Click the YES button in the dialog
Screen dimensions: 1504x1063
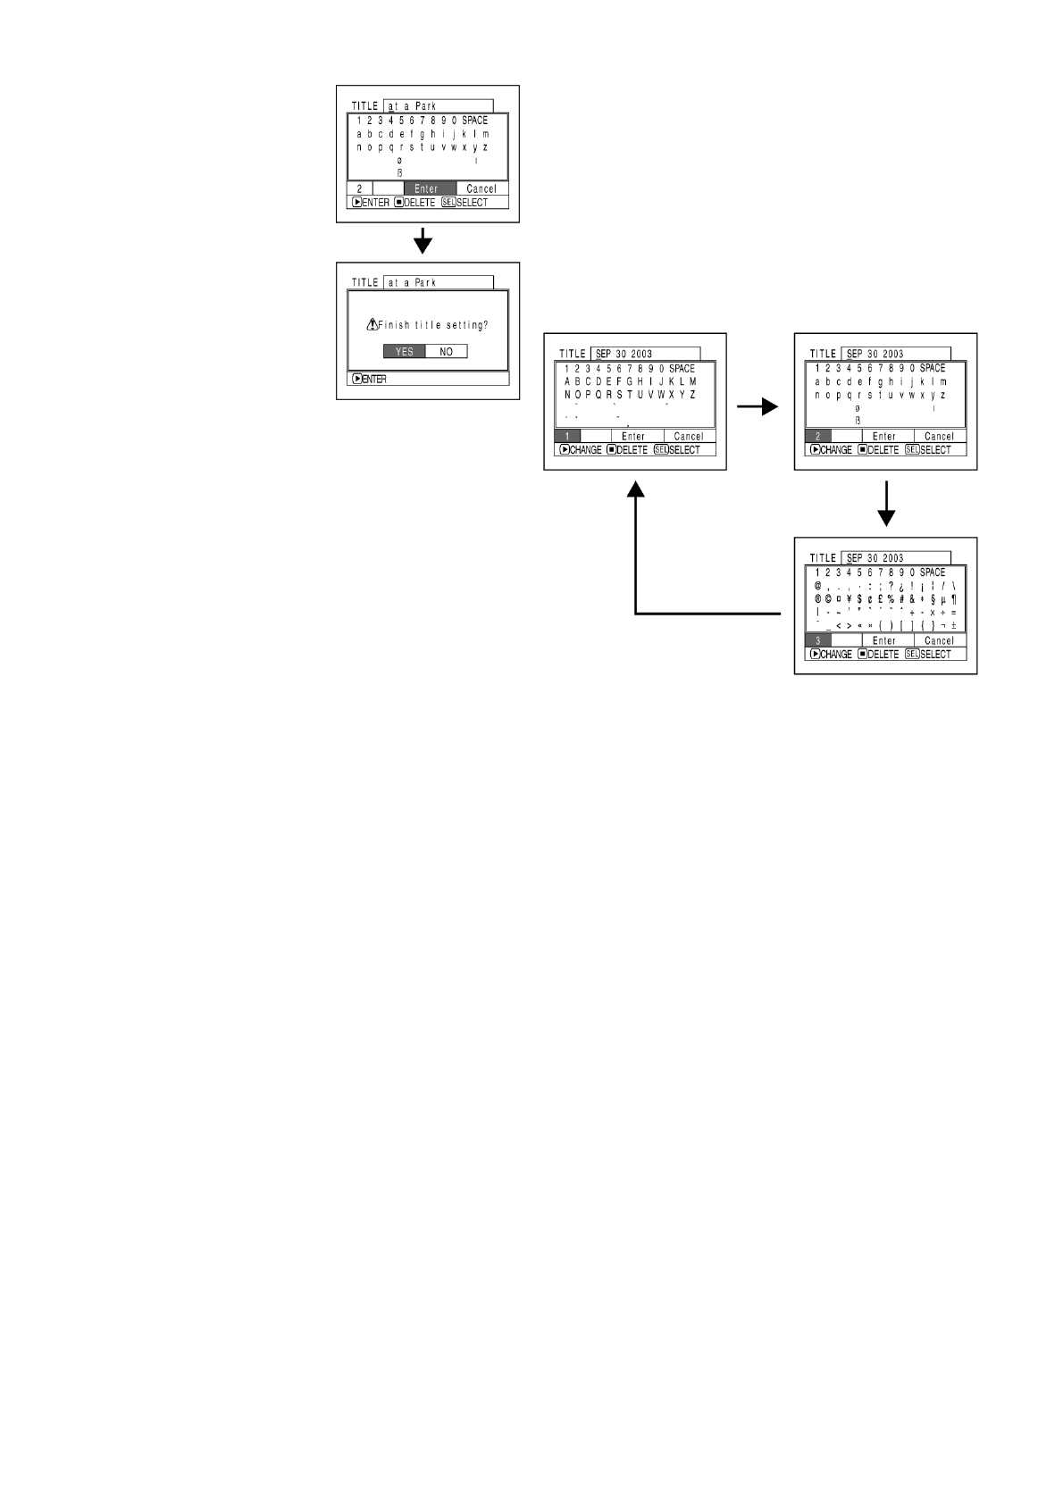pos(404,352)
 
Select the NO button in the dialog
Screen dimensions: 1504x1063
pos(446,352)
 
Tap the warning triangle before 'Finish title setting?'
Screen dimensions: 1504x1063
pos(372,325)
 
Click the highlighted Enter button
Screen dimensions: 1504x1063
pos(426,188)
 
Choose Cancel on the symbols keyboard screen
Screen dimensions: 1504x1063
pos(939,640)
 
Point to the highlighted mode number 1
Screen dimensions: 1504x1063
pos(567,437)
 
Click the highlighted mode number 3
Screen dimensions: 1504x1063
pos(817,640)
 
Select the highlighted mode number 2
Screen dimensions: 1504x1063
pos(817,437)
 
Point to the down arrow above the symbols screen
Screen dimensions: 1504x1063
pos(885,506)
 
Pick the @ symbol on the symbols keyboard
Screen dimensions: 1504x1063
pos(818,586)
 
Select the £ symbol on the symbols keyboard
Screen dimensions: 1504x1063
pos(880,599)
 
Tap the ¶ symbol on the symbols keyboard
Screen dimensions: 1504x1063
pos(954,599)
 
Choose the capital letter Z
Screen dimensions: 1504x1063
pos(692,395)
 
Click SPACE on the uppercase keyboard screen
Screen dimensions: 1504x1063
pos(682,369)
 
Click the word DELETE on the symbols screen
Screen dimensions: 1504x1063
pos(883,655)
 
